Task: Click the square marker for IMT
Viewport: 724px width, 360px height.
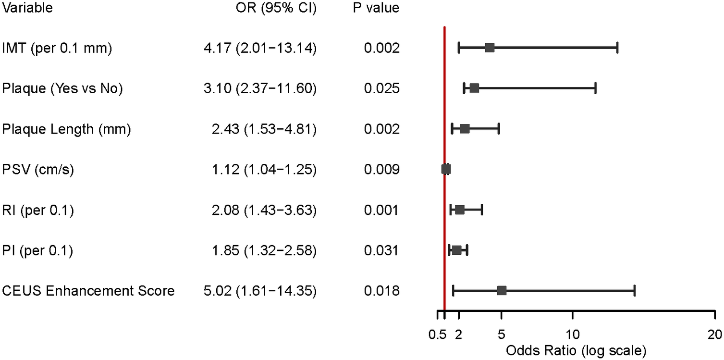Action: click(x=490, y=48)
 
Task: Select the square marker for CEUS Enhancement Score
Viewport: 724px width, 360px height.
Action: click(x=502, y=290)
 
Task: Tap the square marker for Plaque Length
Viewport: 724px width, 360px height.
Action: click(x=465, y=129)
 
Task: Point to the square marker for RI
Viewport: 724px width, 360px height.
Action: click(x=460, y=210)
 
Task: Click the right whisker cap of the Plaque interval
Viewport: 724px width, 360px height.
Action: click(x=595, y=88)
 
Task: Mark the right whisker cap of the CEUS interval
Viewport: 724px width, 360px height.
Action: click(x=635, y=290)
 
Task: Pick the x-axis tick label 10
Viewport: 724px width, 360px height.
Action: click(x=572, y=334)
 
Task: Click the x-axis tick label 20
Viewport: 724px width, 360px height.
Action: click(x=714, y=334)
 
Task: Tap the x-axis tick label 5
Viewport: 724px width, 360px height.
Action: click(x=502, y=334)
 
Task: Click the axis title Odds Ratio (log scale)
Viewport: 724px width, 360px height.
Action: click(x=576, y=350)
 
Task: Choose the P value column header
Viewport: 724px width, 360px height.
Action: click(x=374, y=8)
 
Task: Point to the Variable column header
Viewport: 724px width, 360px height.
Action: click(x=27, y=8)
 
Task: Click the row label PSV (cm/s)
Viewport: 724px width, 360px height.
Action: click(x=38, y=170)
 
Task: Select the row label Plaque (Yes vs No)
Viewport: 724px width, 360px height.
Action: click(x=62, y=88)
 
